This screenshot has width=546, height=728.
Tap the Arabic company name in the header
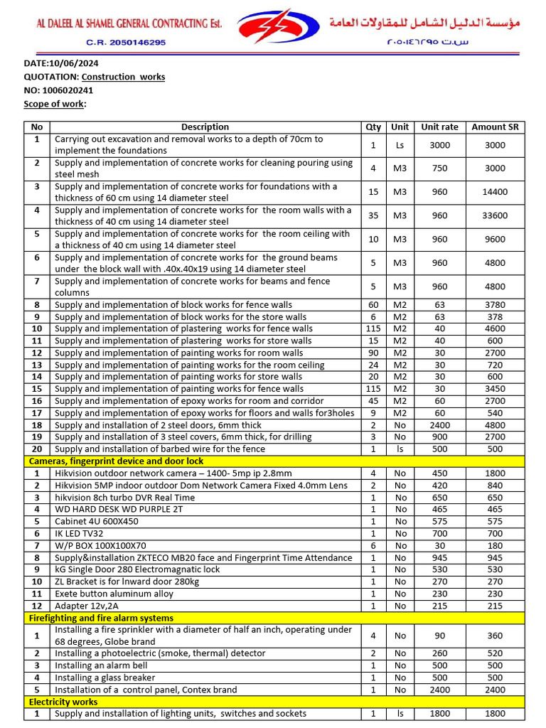tap(424, 23)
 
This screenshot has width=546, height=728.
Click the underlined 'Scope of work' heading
tap(55, 104)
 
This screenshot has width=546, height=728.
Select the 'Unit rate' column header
tap(439, 127)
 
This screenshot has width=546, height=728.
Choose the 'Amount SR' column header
tap(495, 127)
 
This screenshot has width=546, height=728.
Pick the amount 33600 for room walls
tap(495, 216)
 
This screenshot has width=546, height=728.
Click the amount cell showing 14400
tap(495, 192)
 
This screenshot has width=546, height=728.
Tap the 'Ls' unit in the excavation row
tap(400, 145)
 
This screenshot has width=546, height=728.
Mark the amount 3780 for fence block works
tap(495, 305)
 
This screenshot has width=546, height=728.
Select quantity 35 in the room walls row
tap(373, 216)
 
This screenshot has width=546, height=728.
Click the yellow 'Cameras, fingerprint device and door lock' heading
tap(116, 461)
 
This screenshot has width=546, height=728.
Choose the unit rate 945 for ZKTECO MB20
tap(439, 557)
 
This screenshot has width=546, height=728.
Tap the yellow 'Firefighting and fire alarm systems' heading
tap(101, 618)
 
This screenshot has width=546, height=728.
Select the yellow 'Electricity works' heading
tap(63, 702)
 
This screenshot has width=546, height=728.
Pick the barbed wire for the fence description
tap(160, 449)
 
